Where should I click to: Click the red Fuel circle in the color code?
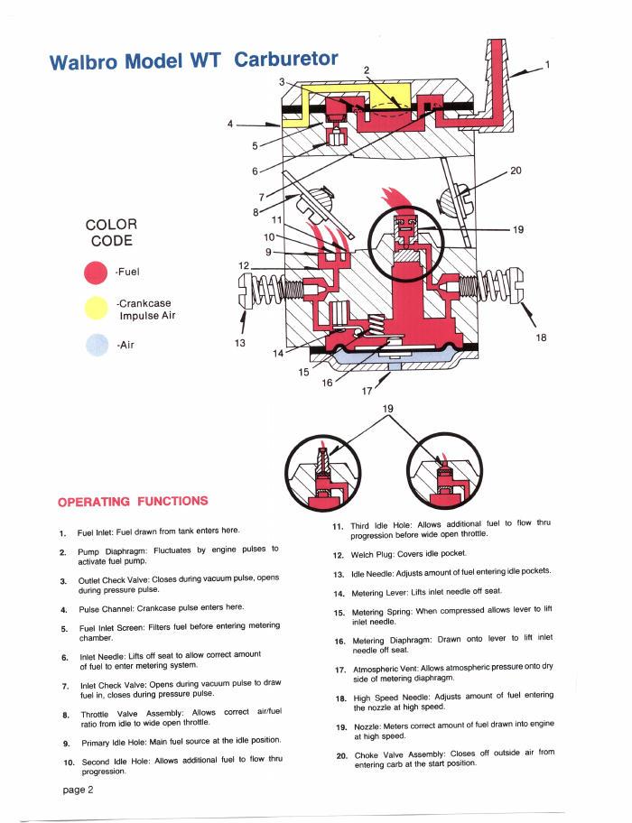96,273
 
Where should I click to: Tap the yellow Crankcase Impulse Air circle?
96,308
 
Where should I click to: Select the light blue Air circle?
98,345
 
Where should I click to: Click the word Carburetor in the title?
286,59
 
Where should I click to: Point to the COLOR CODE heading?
111,233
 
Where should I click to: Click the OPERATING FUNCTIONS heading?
133,501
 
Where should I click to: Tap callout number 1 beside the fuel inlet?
547,65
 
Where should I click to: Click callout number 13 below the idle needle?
240,343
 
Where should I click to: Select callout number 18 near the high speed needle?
541,338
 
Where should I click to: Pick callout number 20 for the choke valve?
516,171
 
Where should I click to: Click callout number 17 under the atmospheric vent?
367,391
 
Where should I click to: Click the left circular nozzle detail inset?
323,471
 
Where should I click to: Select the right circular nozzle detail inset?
444,470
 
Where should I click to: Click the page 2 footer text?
78,790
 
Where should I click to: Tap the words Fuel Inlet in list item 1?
95,532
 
